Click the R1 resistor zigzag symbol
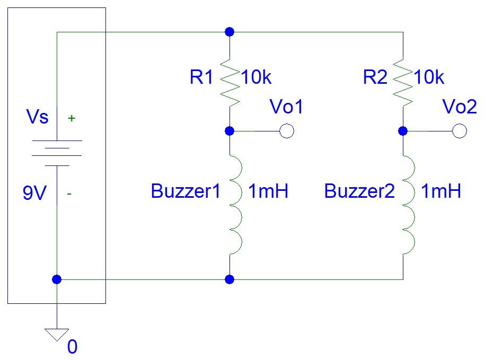click(230, 82)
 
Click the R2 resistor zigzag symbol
click(403, 82)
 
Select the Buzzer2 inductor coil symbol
click(408, 204)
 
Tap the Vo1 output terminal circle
click(286, 131)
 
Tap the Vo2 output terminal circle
click(460, 131)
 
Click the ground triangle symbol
click(57, 335)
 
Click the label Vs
click(37, 117)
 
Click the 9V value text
click(35, 194)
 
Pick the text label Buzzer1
click(185, 191)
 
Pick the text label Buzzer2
click(359, 191)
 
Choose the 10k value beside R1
click(257, 77)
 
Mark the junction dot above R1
click(230, 32)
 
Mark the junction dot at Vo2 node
click(403, 131)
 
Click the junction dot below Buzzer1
click(230, 279)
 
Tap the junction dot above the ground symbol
click(57, 279)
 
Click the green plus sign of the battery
click(71, 119)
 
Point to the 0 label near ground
click(73, 347)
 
